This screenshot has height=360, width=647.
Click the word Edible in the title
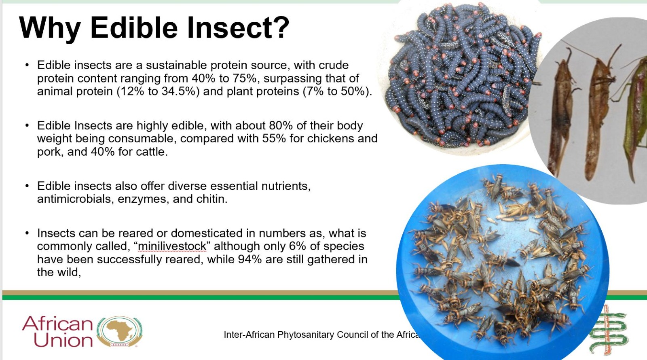[134, 28]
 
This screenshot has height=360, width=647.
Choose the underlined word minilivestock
[172, 246]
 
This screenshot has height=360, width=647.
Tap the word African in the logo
[57, 323]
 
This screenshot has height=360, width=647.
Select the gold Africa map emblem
[120, 331]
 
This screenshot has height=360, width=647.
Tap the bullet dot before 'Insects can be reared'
[27, 233]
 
